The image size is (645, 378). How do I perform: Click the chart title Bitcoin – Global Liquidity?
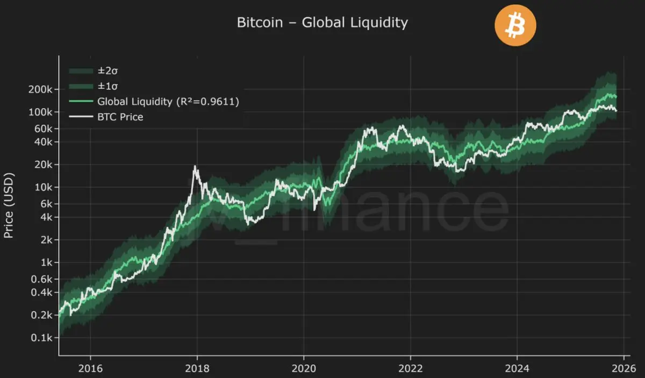click(x=322, y=23)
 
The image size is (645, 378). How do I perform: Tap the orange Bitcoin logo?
click(x=515, y=25)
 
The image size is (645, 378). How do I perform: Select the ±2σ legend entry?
click(x=105, y=70)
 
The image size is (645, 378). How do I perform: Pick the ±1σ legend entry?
click(x=105, y=85)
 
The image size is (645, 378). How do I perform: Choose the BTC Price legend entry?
click(x=120, y=116)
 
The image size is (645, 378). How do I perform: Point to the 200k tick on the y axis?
click(x=41, y=90)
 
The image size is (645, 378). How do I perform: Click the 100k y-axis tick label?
click(x=41, y=112)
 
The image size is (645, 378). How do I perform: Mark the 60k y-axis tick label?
click(x=43, y=129)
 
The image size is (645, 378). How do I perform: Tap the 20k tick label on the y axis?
click(x=43, y=165)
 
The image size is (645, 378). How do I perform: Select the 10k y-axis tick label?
click(x=43, y=188)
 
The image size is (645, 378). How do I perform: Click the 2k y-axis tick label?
click(x=45, y=240)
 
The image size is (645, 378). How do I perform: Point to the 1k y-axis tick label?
click(x=45, y=262)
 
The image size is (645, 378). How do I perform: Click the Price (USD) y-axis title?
click(x=9, y=206)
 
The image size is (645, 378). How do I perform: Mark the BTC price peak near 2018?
click(x=196, y=167)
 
